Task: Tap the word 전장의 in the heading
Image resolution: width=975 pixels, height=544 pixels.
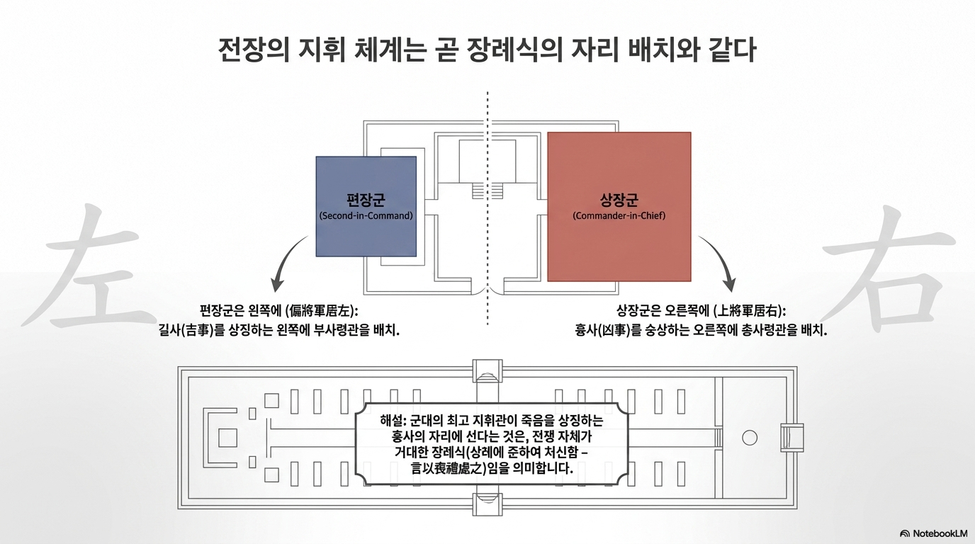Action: (254, 50)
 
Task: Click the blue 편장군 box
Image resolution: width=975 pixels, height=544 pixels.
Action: (366, 206)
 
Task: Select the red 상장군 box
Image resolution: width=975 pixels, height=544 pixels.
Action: (619, 207)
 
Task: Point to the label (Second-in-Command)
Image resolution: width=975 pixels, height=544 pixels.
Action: (366, 216)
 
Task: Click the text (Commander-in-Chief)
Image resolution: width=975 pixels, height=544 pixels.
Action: (619, 216)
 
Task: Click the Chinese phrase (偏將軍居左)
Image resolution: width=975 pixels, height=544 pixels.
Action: (322, 311)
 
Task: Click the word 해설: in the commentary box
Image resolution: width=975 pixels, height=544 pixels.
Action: (393, 421)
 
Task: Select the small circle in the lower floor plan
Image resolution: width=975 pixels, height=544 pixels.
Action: (750, 438)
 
